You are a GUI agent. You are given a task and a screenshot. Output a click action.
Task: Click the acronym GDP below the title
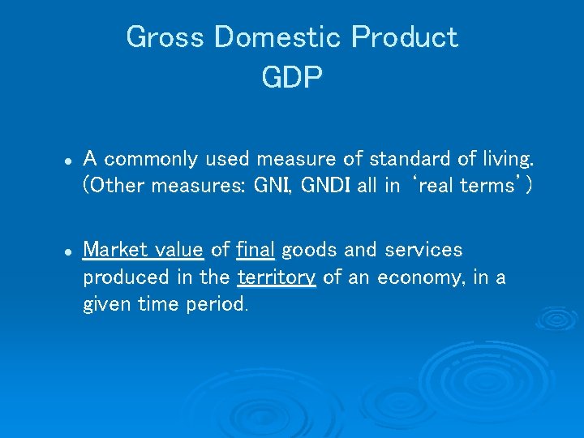(x=292, y=78)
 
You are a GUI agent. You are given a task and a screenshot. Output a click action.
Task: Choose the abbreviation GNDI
(x=326, y=185)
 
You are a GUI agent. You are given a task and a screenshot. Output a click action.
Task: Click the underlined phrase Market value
(x=143, y=249)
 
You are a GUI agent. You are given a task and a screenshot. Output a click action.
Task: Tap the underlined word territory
(x=276, y=277)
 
